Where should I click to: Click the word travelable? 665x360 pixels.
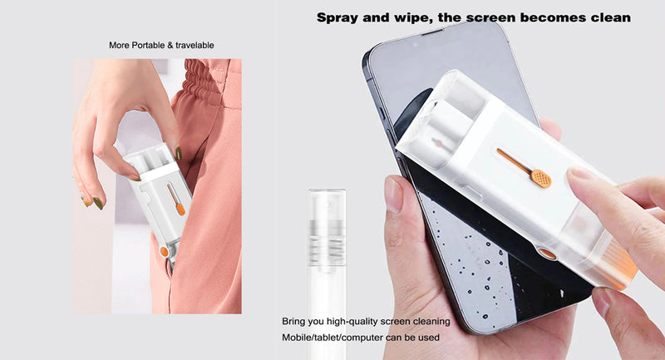pyautogui.click(x=195, y=45)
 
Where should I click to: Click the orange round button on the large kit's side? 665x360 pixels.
pyautogui.click(x=547, y=254)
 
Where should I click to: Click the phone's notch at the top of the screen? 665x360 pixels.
pyautogui.click(x=433, y=32)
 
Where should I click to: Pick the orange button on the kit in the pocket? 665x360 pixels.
pyautogui.click(x=165, y=251)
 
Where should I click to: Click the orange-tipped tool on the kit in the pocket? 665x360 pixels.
pyautogui.click(x=176, y=200)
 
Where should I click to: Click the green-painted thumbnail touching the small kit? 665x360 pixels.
pyautogui.click(x=179, y=153)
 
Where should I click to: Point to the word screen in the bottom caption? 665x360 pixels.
pyautogui.click(x=394, y=322)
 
